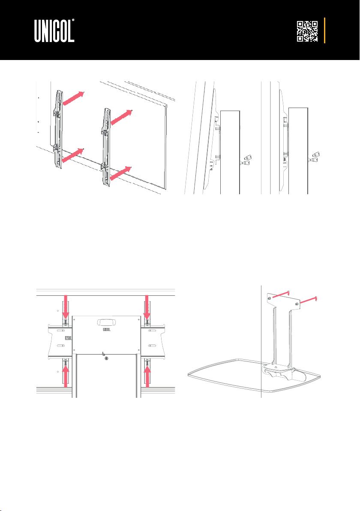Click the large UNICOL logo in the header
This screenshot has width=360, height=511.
(54, 30)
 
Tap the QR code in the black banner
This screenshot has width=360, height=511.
(307, 31)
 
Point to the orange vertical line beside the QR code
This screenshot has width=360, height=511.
(324, 30)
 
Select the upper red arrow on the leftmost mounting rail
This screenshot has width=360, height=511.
(73, 98)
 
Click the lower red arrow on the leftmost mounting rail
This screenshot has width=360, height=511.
(73, 155)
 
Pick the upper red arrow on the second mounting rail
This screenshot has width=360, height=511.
(121, 117)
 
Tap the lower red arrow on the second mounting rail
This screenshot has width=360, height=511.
(120, 173)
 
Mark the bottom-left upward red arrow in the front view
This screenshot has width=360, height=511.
(66, 376)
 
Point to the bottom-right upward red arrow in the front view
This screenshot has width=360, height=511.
(147, 376)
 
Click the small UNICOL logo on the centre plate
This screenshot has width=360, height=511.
(107, 329)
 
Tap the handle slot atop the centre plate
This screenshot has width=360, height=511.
(106, 322)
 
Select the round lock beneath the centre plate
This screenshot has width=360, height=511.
(106, 358)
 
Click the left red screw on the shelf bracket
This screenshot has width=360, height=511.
(280, 294)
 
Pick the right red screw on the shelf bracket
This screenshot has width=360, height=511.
(309, 301)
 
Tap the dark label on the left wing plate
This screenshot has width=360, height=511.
(69, 338)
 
